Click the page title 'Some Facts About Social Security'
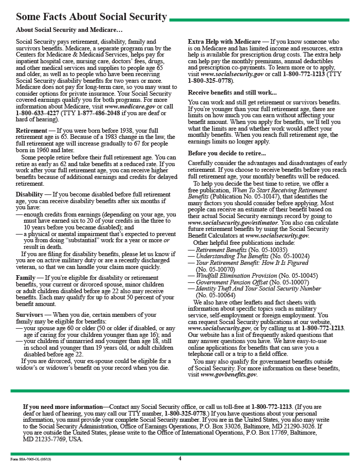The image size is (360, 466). coord(92,17)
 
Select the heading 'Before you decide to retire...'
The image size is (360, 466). coord(227,153)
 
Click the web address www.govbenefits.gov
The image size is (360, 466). coord(229,374)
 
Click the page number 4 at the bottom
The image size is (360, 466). coord(180,458)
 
